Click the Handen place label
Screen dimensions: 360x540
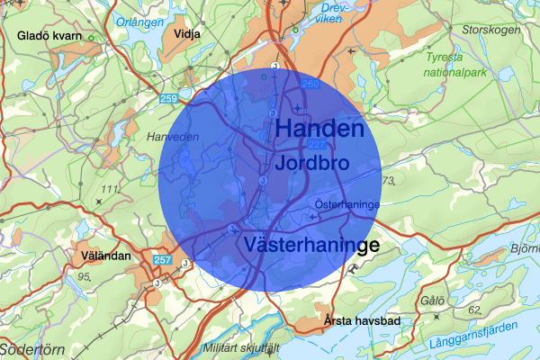click(319, 129)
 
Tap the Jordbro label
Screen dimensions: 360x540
click(312, 163)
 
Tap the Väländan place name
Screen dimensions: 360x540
click(103, 256)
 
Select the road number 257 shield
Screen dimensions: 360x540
click(162, 260)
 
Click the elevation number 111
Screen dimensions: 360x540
click(111, 189)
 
